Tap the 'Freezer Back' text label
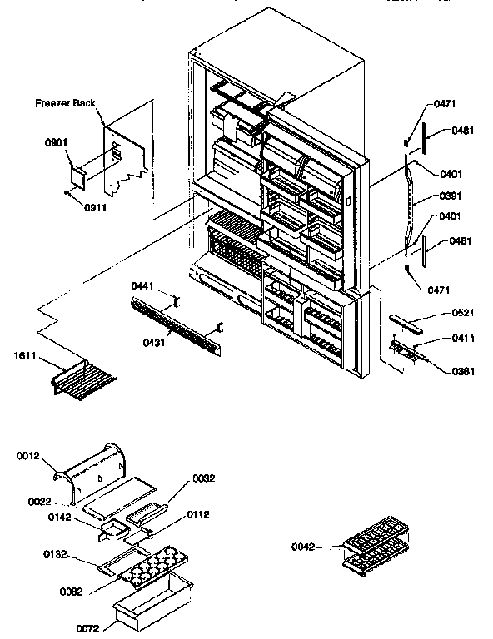click(x=65, y=104)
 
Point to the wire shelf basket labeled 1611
click(x=81, y=378)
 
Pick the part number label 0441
click(x=144, y=285)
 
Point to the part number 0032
click(x=204, y=478)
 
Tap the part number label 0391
click(x=450, y=198)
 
